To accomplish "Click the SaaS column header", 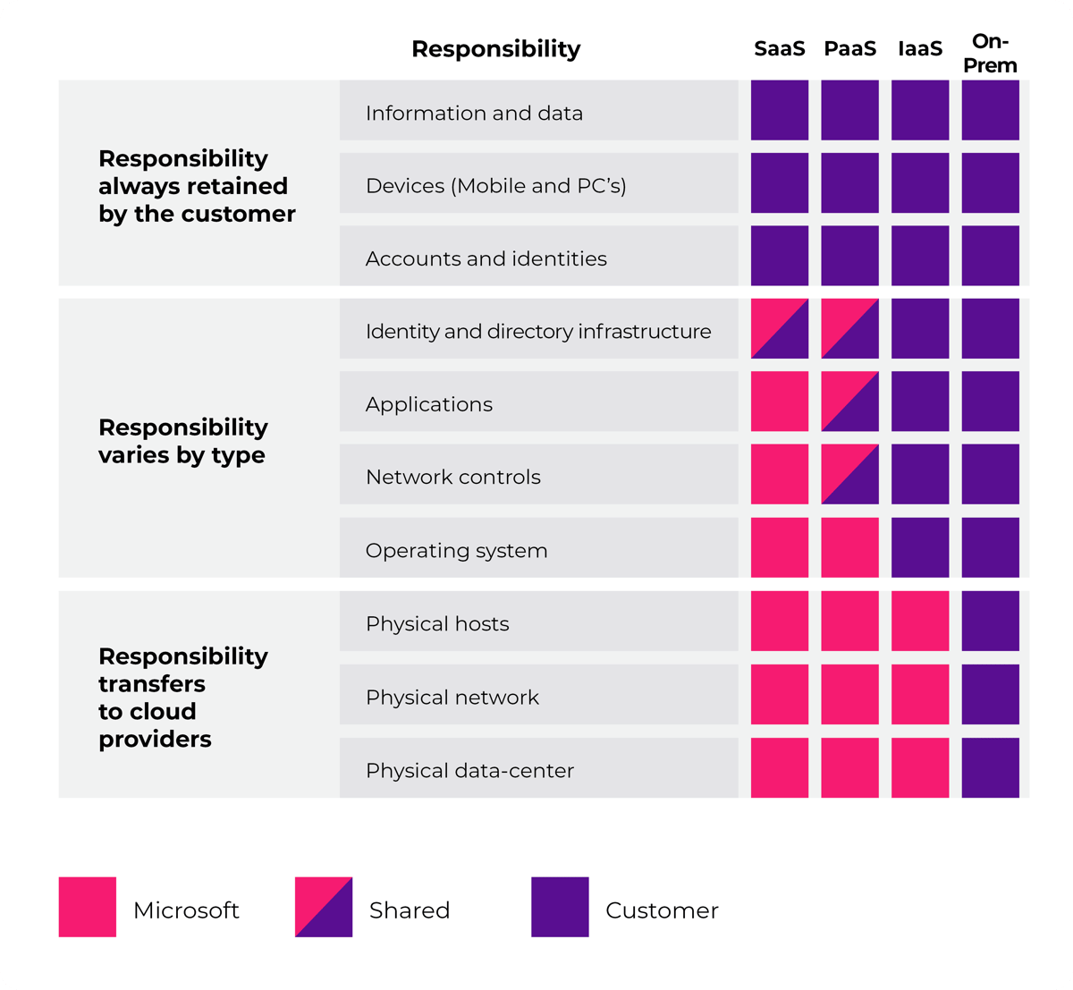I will pos(779,49).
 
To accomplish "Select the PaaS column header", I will pos(849,49).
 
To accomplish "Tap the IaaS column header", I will pos(920,49).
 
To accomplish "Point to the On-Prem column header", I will pos(990,54).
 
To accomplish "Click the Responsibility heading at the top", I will pos(495,49).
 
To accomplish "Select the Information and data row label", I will pos(474,114).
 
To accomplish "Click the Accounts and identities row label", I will pos(486,258).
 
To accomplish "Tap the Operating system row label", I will pos(456,551).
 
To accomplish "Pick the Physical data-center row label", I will pos(469,771).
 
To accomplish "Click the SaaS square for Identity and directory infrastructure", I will pos(779,328).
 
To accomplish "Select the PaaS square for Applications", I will pos(849,402).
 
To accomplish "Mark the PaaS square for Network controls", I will pos(849,474).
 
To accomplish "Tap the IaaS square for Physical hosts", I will pos(920,621).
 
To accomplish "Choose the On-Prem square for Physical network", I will pos(990,694).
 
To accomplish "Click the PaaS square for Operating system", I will pos(849,547).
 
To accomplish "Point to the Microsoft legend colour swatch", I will pos(87,907).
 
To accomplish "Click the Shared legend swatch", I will pos(323,907).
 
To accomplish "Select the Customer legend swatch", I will pos(560,907).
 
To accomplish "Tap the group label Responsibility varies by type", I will pos(182,441).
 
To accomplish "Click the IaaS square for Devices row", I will pos(920,182).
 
